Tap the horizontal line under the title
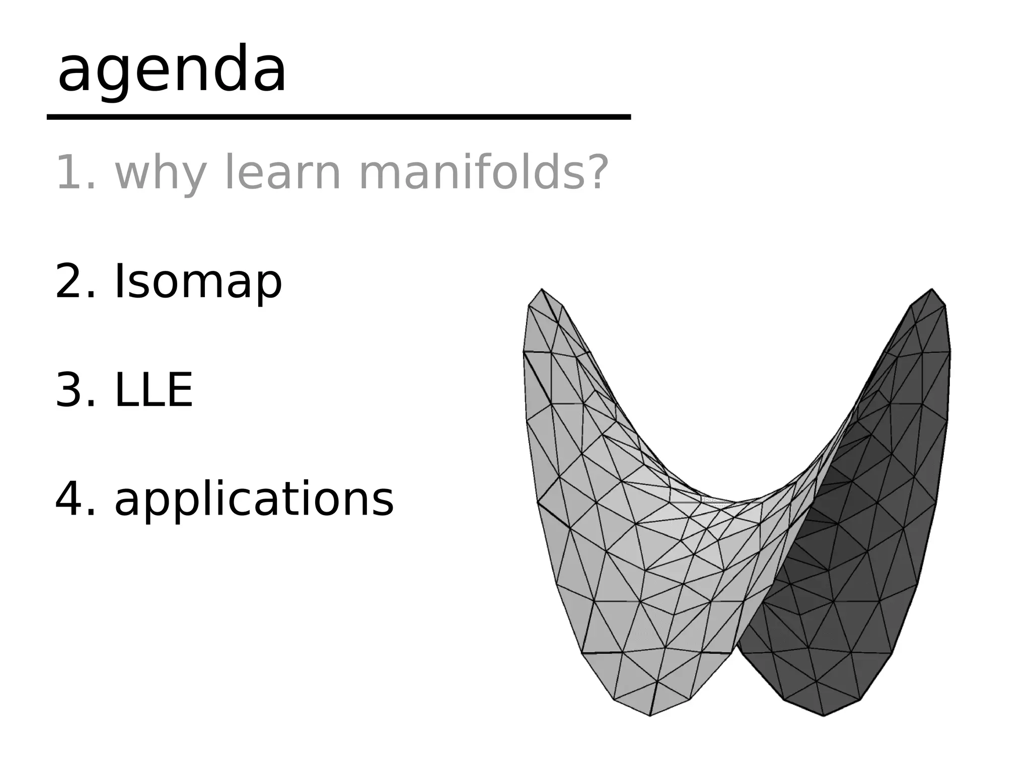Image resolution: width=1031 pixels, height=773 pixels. coord(338,117)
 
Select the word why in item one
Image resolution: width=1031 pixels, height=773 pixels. coord(161,173)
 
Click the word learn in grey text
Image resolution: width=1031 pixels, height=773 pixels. coord(282,173)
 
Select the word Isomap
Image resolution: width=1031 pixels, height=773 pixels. coord(198,282)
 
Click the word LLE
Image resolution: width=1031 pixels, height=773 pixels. coord(154,390)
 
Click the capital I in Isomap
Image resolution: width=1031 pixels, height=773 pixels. coord(119,282)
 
